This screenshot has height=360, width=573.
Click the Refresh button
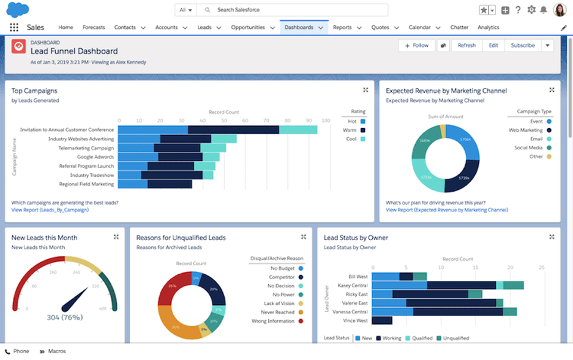(466, 45)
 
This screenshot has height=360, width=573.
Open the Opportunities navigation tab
(248, 28)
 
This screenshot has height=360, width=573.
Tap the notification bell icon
(543, 10)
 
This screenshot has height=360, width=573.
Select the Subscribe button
(523, 45)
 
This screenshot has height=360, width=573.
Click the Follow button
(416, 45)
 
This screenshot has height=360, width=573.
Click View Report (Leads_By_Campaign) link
(50, 210)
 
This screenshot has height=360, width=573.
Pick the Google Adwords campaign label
(95, 157)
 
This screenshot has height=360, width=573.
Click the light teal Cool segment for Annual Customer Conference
(298, 130)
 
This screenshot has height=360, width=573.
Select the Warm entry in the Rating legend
(349, 130)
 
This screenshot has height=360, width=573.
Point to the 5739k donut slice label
(463, 178)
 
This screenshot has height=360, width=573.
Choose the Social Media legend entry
(528, 148)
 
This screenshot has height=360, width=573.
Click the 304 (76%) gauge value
(64, 317)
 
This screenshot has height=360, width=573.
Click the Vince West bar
(381, 320)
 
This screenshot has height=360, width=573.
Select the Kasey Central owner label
(353, 285)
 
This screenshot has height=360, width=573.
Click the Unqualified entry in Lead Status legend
(456, 338)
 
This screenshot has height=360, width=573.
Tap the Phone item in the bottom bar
(21, 351)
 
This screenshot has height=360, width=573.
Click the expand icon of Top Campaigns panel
(365, 90)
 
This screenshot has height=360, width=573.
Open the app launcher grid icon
(14, 28)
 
